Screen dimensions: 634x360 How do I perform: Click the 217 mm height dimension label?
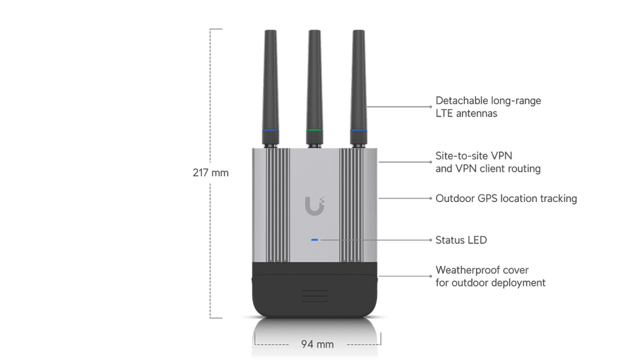click(211, 173)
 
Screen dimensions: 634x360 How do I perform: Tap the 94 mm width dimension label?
click(318, 345)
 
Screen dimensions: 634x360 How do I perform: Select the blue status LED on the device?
click(315, 240)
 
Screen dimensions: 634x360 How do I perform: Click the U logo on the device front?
click(315, 206)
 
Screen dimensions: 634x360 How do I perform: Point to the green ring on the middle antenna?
click(315, 130)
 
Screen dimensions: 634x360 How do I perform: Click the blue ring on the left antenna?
click(271, 130)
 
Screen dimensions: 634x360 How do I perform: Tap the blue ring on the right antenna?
click(358, 130)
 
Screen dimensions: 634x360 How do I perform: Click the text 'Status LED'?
click(461, 240)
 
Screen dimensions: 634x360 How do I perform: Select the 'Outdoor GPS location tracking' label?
click(506, 199)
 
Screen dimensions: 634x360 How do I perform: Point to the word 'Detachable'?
click(460, 100)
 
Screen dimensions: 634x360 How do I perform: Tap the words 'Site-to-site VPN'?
click(474, 156)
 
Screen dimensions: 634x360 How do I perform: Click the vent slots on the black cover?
click(315, 296)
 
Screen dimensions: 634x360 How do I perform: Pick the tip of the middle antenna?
click(315, 31)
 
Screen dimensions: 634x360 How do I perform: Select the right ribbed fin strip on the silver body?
click(352, 205)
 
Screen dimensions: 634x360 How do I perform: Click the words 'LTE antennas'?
click(466, 113)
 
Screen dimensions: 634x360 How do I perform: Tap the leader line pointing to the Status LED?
click(376, 240)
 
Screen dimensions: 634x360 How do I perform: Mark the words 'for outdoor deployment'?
click(490, 283)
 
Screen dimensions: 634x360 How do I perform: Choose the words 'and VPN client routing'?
click(488, 169)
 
